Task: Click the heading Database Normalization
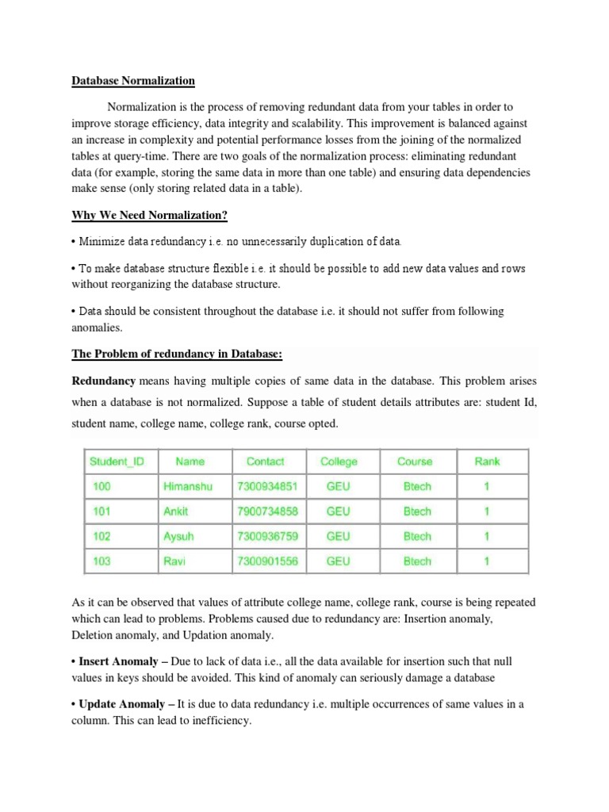tap(133, 81)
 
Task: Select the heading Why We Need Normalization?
tap(151, 215)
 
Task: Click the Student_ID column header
tap(117, 462)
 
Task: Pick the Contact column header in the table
tap(265, 462)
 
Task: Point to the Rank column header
tap(487, 462)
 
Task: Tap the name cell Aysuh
tap(178, 536)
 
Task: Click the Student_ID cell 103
tap(102, 561)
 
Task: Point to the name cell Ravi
tap(174, 561)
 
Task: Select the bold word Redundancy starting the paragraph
tap(104, 381)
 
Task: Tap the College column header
tap(339, 462)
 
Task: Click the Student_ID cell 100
tap(102, 486)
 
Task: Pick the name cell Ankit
tap(175, 511)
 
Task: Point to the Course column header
tap(415, 462)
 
